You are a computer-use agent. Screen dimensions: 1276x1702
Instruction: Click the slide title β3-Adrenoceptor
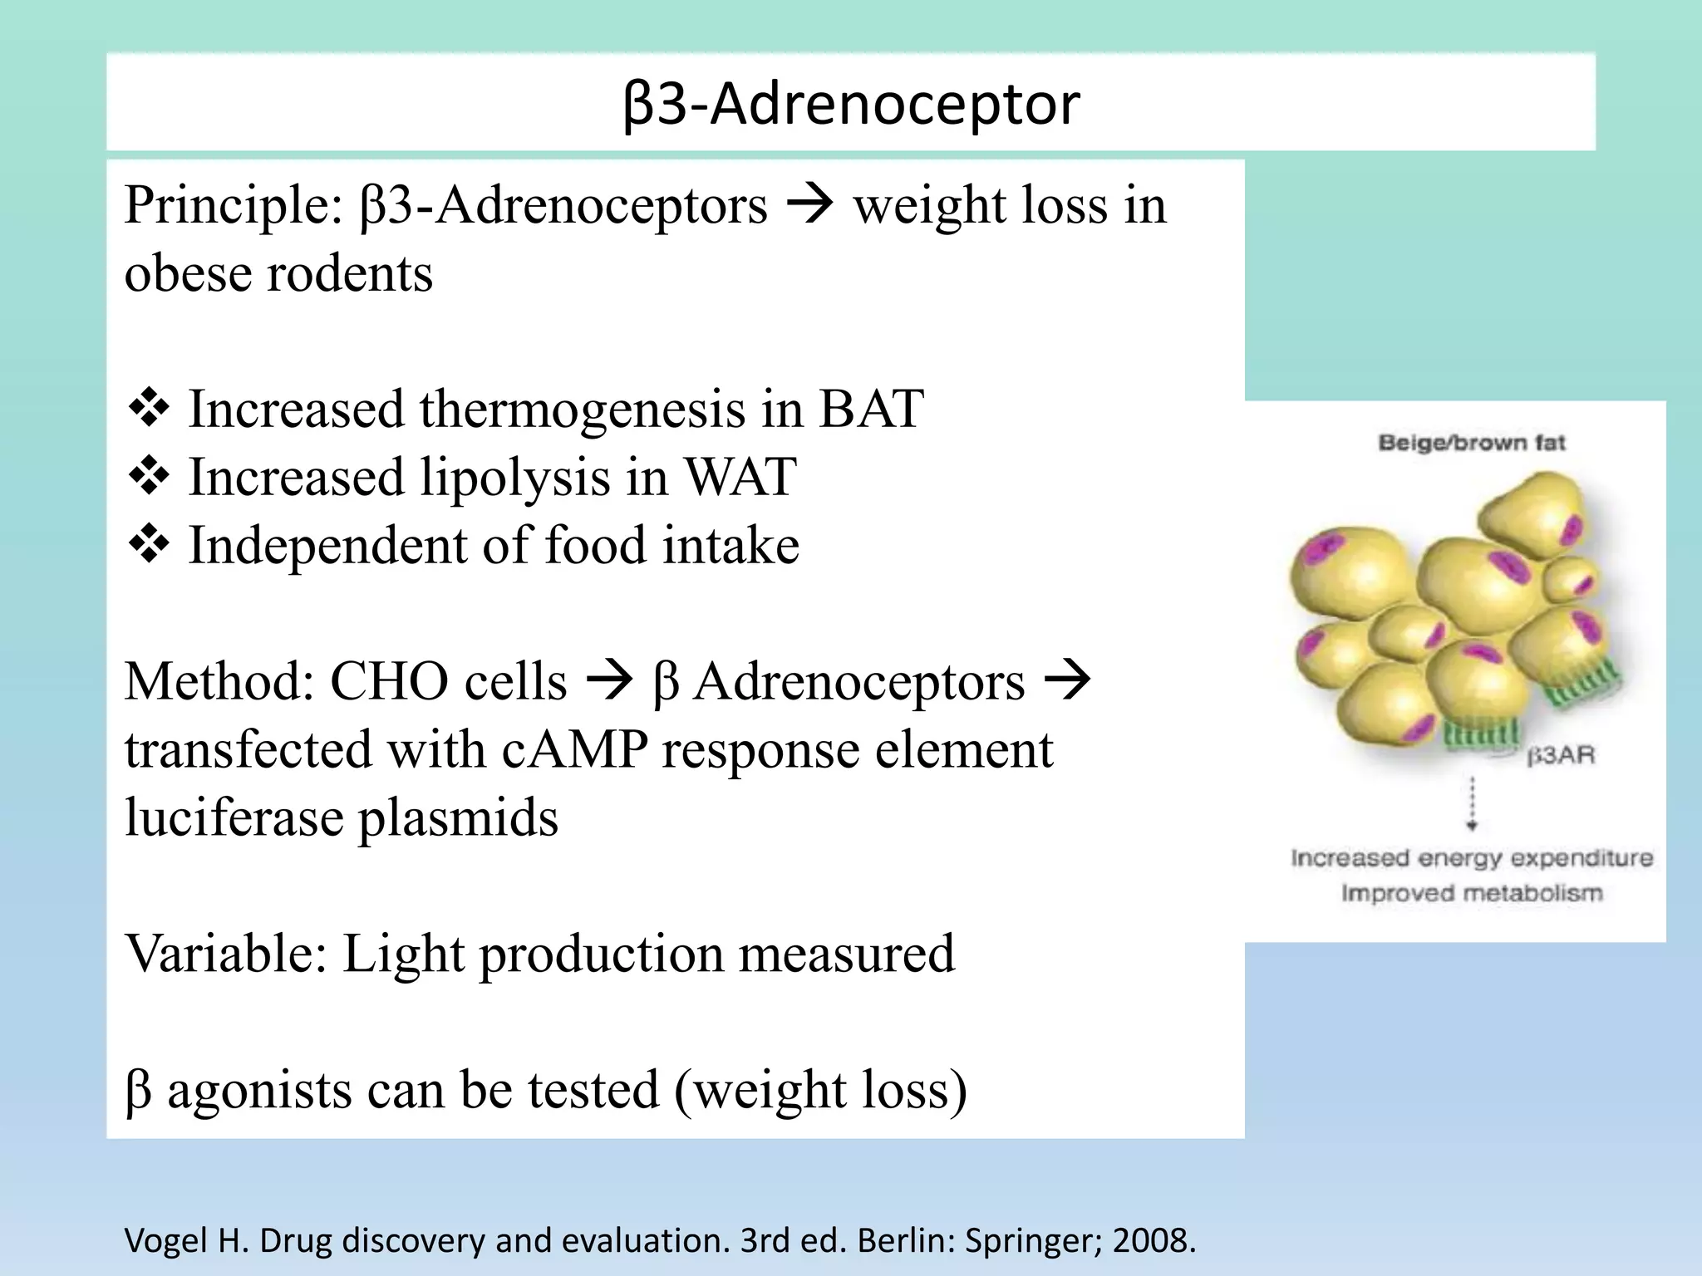[x=851, y=105]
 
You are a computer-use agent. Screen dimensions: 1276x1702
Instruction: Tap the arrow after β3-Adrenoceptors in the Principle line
[x=809, y=205]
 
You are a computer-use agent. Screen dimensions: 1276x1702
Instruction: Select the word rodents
[x=349, y=273]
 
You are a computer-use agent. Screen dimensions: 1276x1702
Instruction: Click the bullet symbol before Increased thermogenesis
[x=149, y=410]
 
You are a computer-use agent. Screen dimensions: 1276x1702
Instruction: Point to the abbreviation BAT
[x=871, y=410]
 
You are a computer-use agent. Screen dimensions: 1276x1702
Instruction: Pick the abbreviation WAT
[x=740, y=478]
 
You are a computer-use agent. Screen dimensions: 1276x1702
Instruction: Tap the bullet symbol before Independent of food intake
[x=149, y=546]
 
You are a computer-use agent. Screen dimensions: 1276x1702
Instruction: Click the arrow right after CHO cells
[x=609, y=682]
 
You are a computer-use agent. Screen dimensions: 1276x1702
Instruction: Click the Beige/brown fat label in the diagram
[x=1471, y=443]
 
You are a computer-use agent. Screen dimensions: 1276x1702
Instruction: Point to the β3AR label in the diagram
[x=1562, y=756]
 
